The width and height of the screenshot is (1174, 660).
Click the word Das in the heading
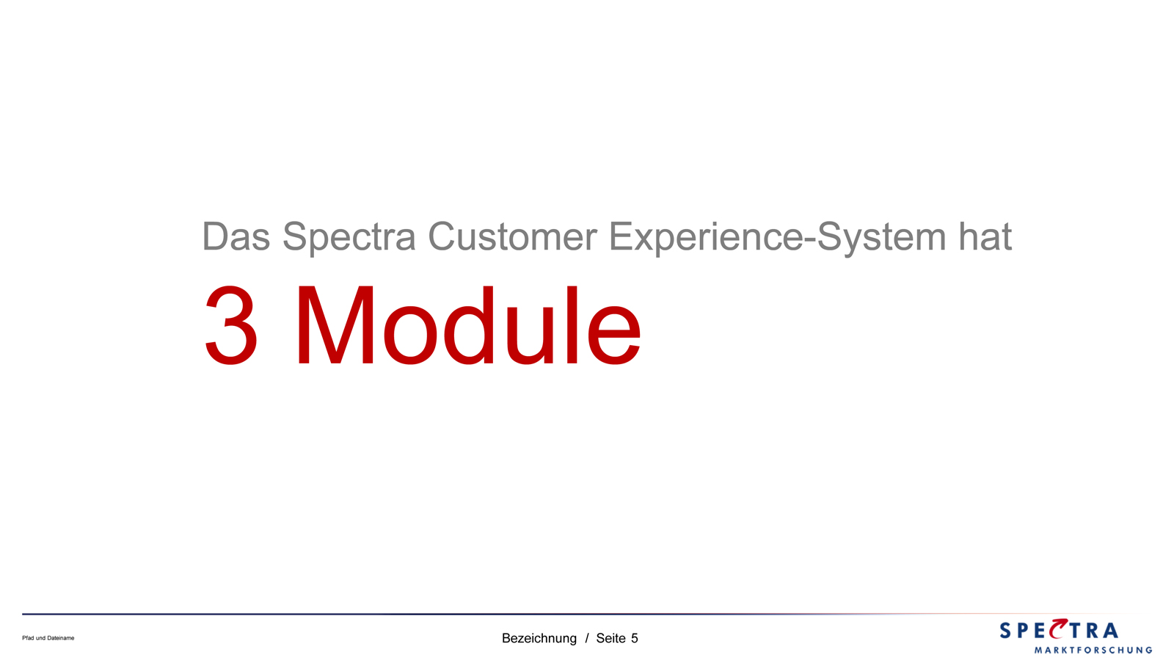236,236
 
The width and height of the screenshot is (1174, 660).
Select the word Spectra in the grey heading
349,239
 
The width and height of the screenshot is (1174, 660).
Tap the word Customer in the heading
513,236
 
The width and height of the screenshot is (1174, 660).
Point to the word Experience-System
778,239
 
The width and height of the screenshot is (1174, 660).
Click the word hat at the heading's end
985,236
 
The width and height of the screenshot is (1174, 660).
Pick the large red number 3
231,325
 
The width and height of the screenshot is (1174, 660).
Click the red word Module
469,325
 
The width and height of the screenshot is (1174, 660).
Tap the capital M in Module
335,325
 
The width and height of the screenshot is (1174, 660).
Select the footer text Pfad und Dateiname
48,638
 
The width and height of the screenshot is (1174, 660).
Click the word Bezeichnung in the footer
539,638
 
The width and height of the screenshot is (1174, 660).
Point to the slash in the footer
587,638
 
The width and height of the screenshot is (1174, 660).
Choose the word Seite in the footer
610,638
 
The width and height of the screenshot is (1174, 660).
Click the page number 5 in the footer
634,638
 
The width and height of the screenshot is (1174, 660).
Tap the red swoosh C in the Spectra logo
1060,628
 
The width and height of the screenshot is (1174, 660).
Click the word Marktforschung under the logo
1093,650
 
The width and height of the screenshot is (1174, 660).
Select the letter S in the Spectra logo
1006,631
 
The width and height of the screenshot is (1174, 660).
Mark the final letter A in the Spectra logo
1109,631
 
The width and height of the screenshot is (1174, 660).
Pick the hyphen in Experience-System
811,241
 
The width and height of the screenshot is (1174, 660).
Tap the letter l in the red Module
572,325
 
